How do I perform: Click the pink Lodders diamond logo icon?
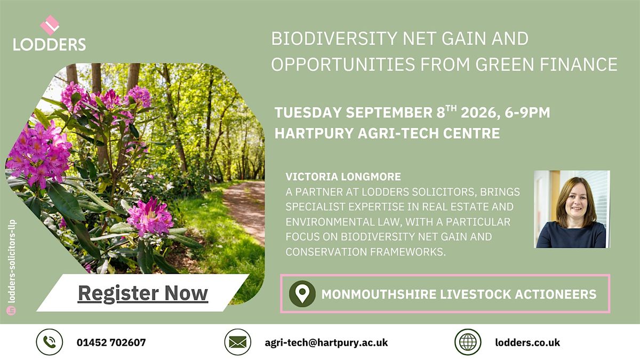tap(50, 25)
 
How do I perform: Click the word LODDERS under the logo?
tap(50, 45)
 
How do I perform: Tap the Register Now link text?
tap(143, 293)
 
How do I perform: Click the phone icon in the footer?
tap(50, 342)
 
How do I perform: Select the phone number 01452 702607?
tap(111, 342)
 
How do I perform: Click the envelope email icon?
tap(238, 342)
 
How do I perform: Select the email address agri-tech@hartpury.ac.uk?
tap(326, 342)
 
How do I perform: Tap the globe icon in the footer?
tap(468, 342)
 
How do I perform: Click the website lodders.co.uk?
tap(527, 342)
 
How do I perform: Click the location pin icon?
tap(302, 294)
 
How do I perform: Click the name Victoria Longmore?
tap(343, 177)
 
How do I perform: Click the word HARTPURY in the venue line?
tap(314, 133)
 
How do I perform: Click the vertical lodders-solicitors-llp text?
tap(12, 261)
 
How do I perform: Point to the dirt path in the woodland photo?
tap(246, 209)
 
